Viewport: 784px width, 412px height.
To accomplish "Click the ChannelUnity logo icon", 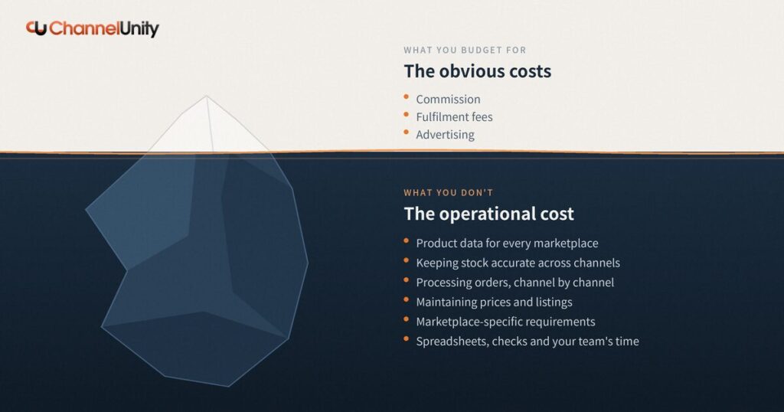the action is [x=37, y=28].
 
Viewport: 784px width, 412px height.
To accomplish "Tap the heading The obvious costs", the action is [x=478, y=71].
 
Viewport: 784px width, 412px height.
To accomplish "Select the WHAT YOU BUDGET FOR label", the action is [x=465, y=50].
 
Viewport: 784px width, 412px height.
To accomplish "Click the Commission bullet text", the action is [x=448, y=99].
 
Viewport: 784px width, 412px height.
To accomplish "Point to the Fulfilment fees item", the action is [x=454, y=117].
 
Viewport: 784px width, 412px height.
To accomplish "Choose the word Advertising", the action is [x=445, y=135].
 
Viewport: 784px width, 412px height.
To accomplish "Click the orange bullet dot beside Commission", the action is [x=407, y=97].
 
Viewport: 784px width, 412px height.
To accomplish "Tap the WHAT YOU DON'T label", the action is [x=449, y=192].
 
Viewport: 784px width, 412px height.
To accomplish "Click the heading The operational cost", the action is [x=489, y=214].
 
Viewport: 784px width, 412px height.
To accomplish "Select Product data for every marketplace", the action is [x=507, y=243].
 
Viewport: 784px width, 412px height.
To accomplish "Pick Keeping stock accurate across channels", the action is [x=518, y=263].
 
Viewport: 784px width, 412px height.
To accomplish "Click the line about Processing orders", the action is [x=515, y=283].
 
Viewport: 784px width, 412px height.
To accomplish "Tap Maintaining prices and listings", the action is [x=494, y=302].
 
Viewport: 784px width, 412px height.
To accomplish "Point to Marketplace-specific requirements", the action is [x=505, y=322].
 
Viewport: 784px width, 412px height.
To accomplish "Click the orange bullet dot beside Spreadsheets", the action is [x=407, y=339].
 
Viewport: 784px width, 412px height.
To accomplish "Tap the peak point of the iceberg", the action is [x=206, y=96].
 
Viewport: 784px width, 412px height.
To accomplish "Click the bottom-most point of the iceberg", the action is [x=228, y=387].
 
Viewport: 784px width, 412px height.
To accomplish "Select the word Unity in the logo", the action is [x=139, y=29].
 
